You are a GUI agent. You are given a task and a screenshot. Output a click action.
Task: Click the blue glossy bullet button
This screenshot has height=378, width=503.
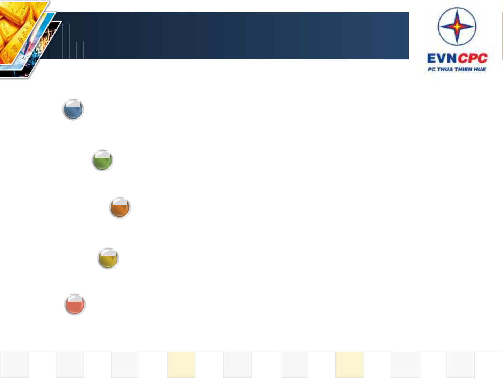click(73, 109)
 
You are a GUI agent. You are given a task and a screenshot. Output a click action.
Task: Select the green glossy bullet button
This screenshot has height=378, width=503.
click(102, 160)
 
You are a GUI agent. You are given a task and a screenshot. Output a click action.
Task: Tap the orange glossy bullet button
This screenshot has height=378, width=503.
click(120, 207)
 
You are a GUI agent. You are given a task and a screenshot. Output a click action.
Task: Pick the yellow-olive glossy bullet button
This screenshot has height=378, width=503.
click(108, 258)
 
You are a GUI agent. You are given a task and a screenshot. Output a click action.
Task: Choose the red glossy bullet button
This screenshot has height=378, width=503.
click(75, 304)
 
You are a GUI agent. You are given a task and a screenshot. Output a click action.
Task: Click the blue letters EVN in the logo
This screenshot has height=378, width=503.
click(442, 58)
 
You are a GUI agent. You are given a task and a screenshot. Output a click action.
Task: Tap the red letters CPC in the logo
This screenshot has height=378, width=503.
click(473, 58)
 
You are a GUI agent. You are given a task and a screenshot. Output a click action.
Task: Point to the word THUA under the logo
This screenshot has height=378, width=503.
click(445, 69)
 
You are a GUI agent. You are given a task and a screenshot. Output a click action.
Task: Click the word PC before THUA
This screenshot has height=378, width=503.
click(431, 69)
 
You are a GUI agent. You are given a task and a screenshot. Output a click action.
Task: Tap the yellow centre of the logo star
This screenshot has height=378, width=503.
click(457, 27)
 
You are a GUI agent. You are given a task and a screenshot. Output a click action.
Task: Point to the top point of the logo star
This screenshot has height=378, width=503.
click(457, 9)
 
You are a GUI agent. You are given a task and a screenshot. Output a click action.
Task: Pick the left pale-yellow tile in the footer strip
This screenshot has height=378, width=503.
click(181, 364)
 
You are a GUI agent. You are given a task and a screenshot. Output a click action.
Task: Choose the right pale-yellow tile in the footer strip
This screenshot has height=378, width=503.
click(349, 364)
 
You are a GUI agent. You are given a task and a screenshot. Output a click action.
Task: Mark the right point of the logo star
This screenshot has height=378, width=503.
click(474, 27)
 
